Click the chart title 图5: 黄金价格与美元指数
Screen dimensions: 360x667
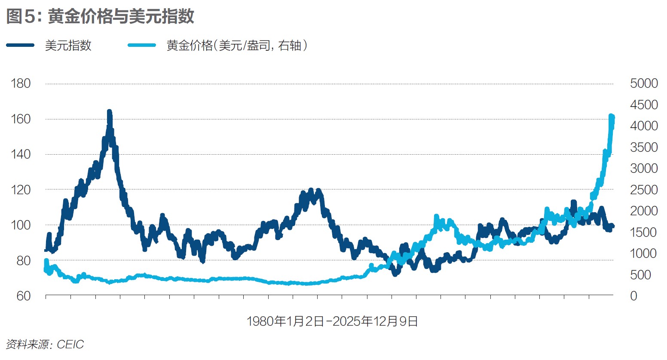[100, 16]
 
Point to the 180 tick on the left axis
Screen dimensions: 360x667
[21, 83]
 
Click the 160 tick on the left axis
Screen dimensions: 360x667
[21, 119]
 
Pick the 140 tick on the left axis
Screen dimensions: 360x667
[21, 154]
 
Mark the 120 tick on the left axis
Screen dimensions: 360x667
[21, 189]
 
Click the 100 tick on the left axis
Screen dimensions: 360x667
[21, 225]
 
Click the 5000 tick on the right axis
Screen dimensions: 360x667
[644, 83]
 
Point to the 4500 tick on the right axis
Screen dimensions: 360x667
[644, 105]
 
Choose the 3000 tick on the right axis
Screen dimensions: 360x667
[644, 168]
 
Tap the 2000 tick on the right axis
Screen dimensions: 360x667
[644, 211]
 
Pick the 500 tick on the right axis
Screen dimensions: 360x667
[641, 275]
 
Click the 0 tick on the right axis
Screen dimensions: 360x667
[633, 296]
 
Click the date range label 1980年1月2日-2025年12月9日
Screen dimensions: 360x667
[332, 321]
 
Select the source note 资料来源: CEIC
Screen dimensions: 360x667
[45, 345]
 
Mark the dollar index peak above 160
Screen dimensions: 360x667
[109, 112]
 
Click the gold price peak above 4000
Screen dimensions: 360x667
[611, 116]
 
